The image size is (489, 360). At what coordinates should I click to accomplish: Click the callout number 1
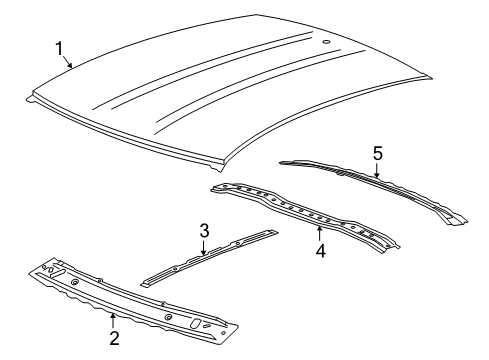coord(59,47)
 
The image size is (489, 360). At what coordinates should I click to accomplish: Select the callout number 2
coord(114,338)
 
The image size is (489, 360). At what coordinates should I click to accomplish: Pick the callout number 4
coord(320,251)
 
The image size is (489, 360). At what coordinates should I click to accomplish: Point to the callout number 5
coord(377,152)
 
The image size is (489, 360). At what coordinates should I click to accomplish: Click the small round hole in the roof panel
coord(327,42)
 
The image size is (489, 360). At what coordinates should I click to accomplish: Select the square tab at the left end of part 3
coord(147,284)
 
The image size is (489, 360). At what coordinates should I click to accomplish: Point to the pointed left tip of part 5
coord(283,160)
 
